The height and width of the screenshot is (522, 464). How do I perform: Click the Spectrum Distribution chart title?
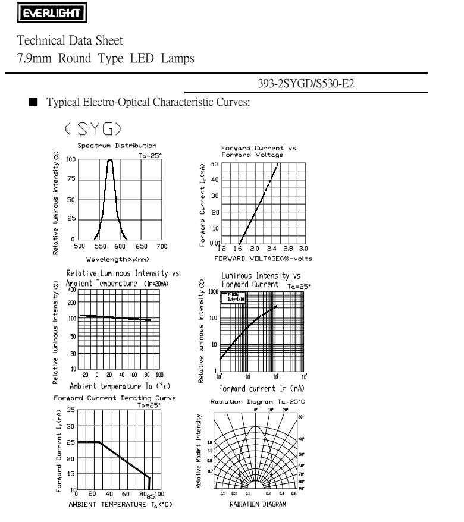point(109,145)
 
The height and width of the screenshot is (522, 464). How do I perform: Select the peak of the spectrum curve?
point(110,159)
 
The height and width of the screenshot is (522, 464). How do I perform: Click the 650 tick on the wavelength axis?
point(142,246)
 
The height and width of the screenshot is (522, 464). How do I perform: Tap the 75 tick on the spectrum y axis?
point(70,180)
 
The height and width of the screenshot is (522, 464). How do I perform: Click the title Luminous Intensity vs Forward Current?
point(255,279)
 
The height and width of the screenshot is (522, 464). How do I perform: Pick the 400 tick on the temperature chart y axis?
point(72,290)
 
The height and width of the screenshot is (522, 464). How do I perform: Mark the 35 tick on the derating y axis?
point(70,410)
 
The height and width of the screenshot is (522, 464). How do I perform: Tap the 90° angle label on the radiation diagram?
point(301,488)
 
